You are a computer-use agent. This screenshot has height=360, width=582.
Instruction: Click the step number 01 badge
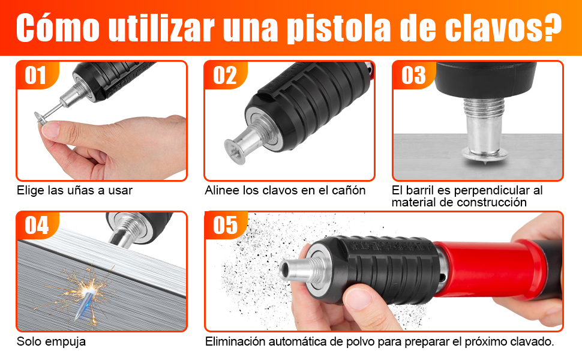[36, 76]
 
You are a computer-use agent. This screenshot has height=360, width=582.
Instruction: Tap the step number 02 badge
[225, 76]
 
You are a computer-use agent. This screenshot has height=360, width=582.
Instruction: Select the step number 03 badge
[413, 76]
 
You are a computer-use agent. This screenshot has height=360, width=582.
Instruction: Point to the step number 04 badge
[37, 226]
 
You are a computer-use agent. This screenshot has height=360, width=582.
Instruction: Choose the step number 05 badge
[226, 226]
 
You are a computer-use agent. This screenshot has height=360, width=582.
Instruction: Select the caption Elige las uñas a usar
[74, 190]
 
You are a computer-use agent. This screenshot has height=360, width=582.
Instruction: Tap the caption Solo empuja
[51, 341]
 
